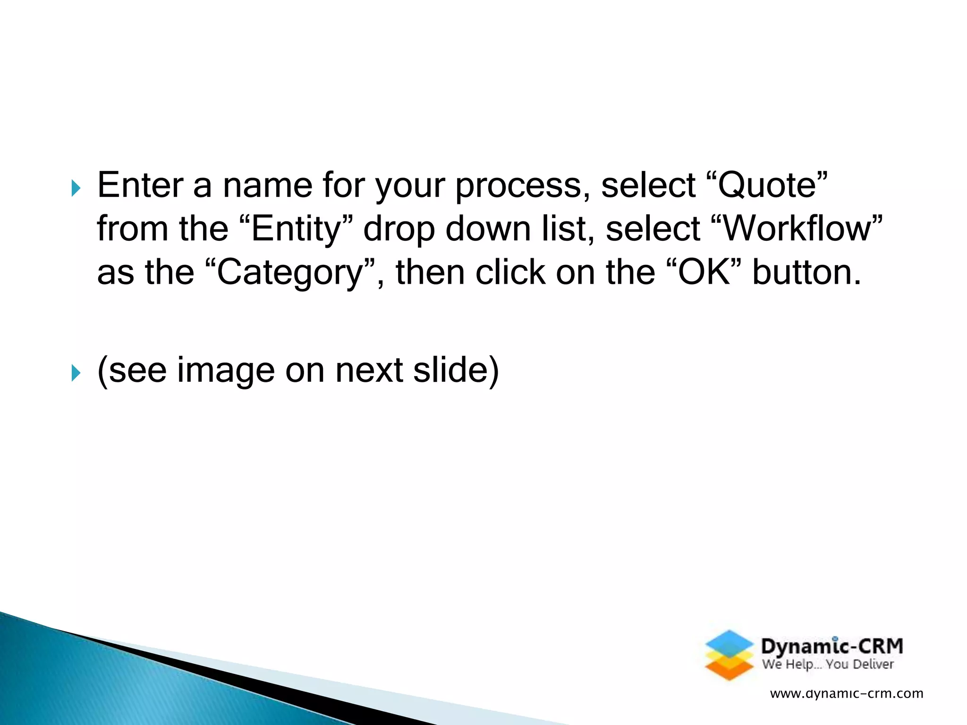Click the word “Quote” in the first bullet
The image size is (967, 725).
click(x=772, y=185)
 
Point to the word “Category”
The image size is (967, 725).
click(x=290, y=273)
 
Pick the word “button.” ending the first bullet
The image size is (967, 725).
click(x=806, y=272)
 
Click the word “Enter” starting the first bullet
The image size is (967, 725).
click(x=140, y=185)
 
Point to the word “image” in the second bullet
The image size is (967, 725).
click(x=226, y=371)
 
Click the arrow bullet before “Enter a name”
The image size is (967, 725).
click(x=76, y=188)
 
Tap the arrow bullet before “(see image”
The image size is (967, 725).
click(x=76, y=373)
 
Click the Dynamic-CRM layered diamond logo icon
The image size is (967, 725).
click(x=729, y=655)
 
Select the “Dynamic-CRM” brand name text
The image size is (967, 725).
click(x=832, y=646)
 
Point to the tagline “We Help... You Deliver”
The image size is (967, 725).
click(x=828, y=665)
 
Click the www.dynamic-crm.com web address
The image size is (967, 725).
click(x=846, y=693)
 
